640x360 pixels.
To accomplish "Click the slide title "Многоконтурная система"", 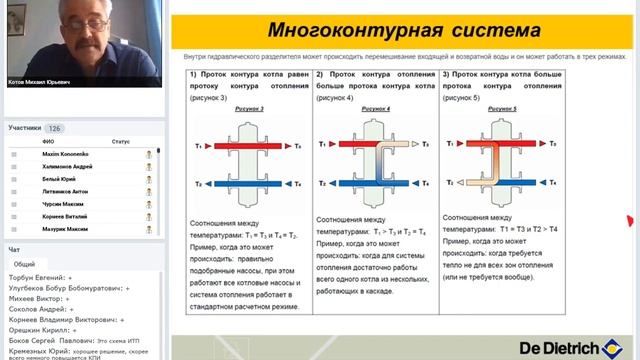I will (x=403, y=29).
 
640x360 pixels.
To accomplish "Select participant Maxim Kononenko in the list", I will (x=64, y=154).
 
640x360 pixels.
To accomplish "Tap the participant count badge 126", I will (x=55, y=129).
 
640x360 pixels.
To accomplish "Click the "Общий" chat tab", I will (x=25, y=264).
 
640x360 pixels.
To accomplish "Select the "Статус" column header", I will (x=121, y=142).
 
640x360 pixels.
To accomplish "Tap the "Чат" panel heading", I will (x=14, y=249).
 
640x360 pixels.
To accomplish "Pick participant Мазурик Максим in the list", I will (x=64, y=229).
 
